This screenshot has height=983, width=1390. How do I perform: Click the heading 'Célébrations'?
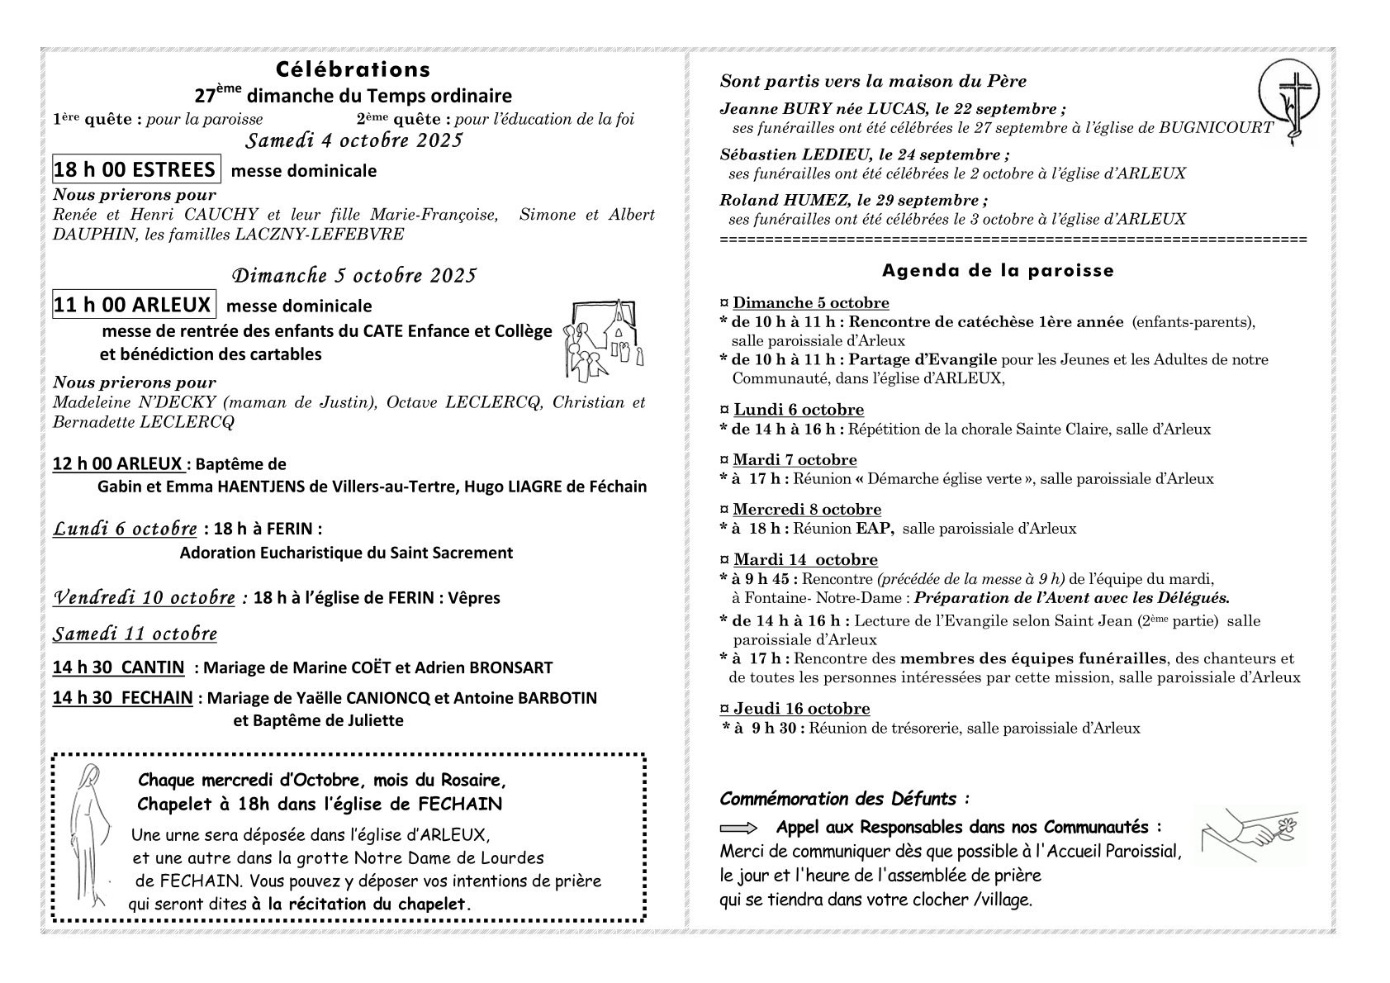click(x=353, y=69)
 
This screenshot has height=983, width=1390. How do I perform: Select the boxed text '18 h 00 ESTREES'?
click(x=136, y=169)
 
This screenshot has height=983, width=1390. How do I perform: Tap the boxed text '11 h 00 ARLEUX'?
click(x=133, y=304)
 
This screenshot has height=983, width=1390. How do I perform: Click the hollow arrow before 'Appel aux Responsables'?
click(x=738, y=828)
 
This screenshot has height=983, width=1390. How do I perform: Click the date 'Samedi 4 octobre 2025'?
click(x=353, y=140)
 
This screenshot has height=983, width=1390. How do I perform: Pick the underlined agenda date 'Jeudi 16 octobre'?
click(x=800, y=709)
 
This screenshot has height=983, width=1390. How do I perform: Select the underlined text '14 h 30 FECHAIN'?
click(x=122, y=698)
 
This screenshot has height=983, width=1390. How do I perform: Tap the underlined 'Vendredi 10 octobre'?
click(x=144, y=597)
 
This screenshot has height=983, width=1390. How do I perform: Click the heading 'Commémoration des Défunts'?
click(x=842, y=799)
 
